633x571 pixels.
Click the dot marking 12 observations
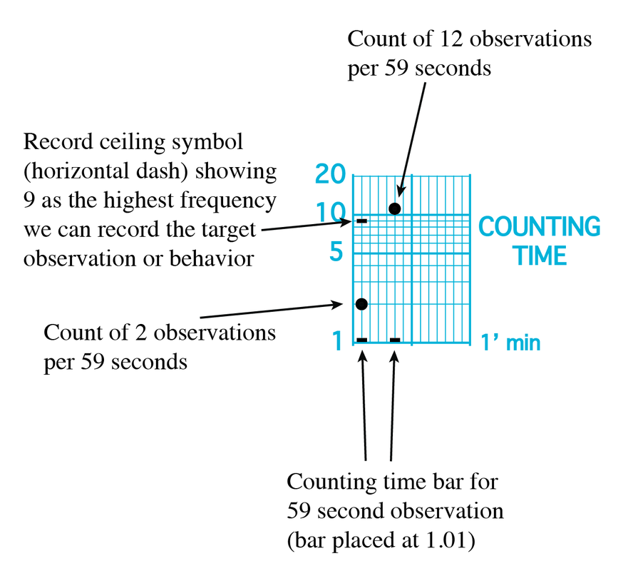pos(394,208)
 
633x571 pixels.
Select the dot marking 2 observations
pos(361,304)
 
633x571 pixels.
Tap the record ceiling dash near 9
pos(361,221)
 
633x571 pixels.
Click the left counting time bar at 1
pos(362,340)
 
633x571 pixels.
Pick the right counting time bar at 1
pos(395,340)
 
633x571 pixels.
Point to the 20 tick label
pos(330,174)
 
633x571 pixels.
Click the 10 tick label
pos(331,213)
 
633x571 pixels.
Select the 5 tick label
pos(336,251)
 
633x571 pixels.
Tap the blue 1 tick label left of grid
pos(337,340)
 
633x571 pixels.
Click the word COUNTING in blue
pos(540,226)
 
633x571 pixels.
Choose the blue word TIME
pos(540,256)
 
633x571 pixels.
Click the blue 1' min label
pos(510,343)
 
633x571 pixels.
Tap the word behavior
pos(212,258)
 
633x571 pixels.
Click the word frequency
pos(228,201)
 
